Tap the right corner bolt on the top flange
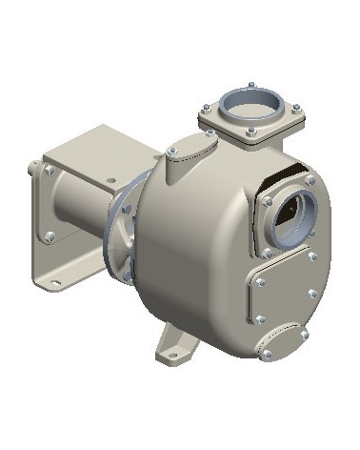click(296, 108)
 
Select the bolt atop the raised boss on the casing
click(204, 139)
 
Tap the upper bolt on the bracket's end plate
click(48, 171)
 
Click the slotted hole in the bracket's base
click(54, 282)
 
